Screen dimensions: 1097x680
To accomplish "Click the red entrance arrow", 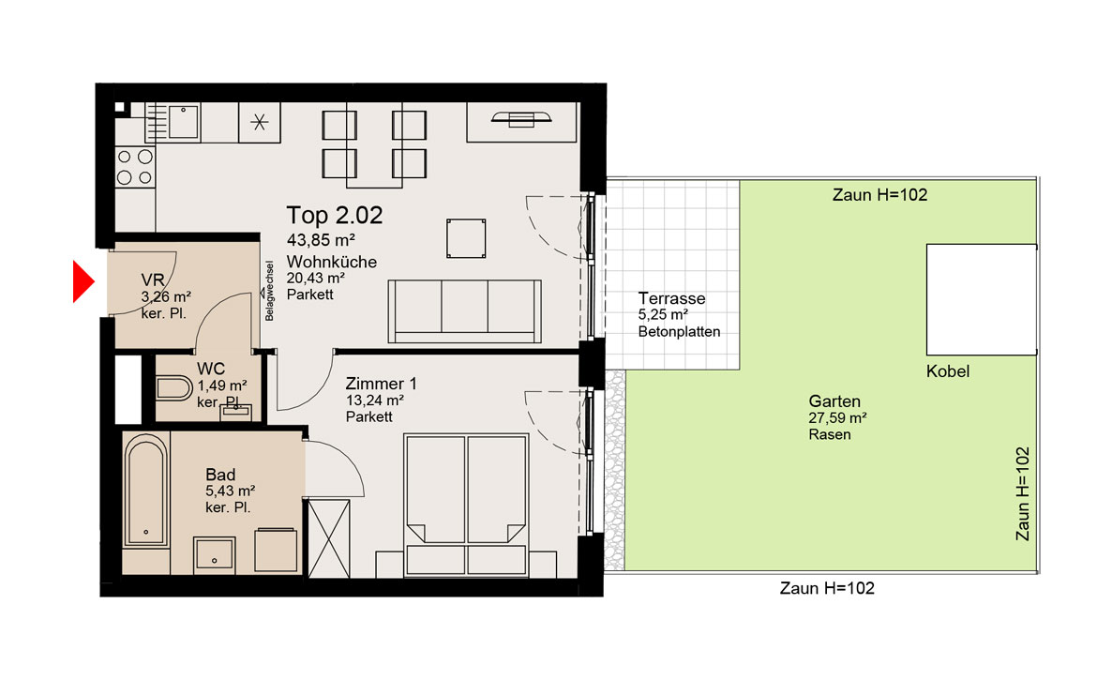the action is tap(83, 282).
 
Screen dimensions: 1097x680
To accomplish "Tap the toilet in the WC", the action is tap(173, 389).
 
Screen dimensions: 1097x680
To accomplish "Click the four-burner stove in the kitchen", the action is tap(135, 167).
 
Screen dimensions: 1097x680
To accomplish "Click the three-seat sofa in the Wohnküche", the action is tap(464, 311).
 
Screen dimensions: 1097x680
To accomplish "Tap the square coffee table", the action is tap(466, 238).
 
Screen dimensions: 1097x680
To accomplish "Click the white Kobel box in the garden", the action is tap(982, 299).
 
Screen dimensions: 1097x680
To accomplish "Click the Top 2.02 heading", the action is tap(335, 216).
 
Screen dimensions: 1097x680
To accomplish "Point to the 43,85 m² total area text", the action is tap(321, 240).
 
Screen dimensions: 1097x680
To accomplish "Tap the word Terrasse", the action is tap(671, 298).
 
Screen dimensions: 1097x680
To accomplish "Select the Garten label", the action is tap(834, 401).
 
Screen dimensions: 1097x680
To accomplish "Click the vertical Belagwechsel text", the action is tap(269, 291).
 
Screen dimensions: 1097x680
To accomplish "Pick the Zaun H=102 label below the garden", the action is tap(827, 588).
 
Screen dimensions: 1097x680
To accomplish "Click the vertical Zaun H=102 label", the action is tap(1023, 494).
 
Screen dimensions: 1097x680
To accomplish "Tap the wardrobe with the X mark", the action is tap(328, 538).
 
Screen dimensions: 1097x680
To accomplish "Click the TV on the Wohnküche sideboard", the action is tap(521, 119).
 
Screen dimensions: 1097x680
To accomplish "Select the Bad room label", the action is tap(220, 475).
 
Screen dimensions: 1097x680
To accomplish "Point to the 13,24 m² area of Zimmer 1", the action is tap(375, 400).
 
